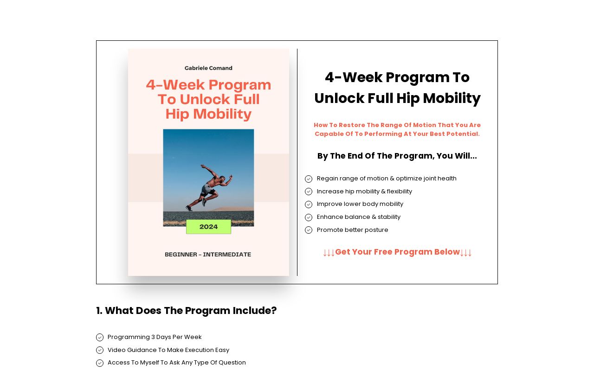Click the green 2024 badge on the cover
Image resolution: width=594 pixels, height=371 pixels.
tap(208, 227)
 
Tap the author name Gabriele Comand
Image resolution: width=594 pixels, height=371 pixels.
tap(208, 68)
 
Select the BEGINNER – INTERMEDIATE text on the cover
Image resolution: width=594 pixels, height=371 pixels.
tap(208, 255)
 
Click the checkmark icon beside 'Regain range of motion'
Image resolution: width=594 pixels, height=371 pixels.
tap(309, 179)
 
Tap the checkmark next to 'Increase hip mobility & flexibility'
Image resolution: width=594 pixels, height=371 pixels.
tap(309, 192)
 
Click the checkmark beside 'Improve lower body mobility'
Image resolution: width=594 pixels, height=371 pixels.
tap(309, 205)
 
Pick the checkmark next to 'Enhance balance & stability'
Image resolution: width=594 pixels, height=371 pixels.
tap(309, 217)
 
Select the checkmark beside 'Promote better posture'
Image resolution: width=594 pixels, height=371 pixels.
tap(309, 230)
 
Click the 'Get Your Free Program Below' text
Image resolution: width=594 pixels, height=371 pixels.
tap(397, 252)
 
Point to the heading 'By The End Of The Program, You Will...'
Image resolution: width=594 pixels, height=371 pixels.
tap(397, 156)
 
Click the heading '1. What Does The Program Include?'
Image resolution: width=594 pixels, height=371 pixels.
tap(187, 311)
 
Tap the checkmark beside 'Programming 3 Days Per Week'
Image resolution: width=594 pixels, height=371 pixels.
tap(100, 338)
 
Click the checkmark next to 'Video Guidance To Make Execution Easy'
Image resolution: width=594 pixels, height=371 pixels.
tap(100, 350)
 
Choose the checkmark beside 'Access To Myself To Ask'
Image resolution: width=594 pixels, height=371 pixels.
tap(100, 363)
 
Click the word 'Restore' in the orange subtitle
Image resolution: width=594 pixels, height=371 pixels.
tap(351, 125)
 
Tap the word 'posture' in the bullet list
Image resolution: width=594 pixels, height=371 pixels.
tap(376, 230)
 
